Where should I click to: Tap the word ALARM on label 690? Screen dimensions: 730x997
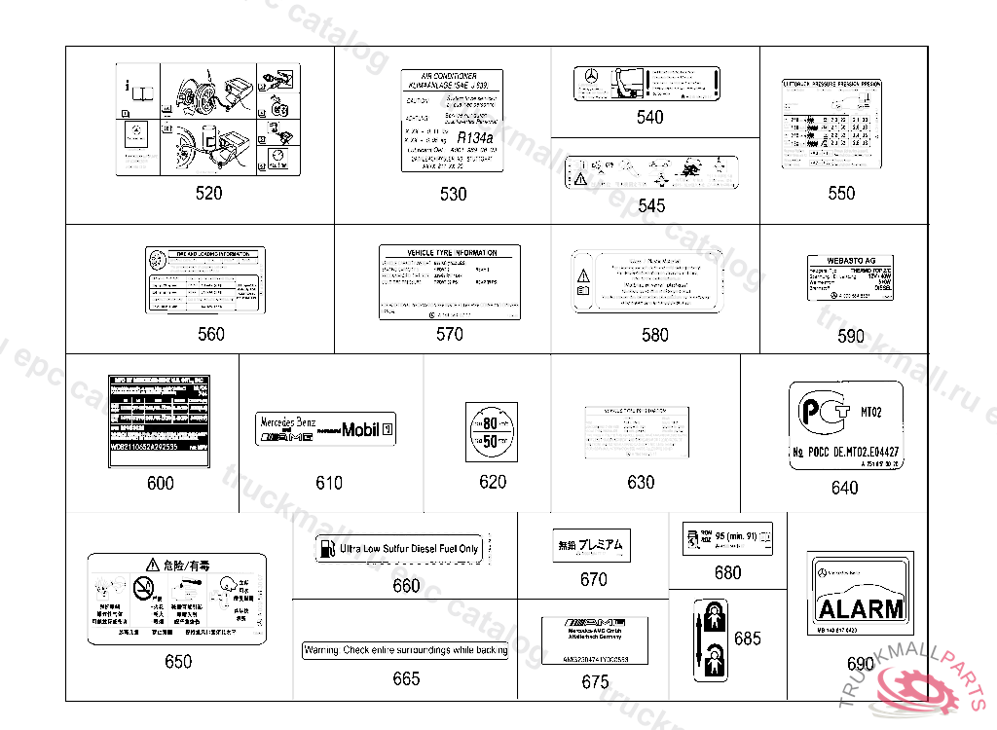860,609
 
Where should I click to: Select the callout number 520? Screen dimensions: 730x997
208,193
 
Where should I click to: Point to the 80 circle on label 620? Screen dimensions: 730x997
491,424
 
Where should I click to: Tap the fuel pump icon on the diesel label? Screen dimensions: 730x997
325,549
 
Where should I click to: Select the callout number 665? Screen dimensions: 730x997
406,678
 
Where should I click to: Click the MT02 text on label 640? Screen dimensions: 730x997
869,412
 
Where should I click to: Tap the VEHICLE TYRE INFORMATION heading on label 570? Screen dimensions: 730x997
449,253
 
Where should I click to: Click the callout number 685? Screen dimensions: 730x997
748,639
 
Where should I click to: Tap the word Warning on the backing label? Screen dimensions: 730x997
322,650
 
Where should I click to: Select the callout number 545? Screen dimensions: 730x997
651,205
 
